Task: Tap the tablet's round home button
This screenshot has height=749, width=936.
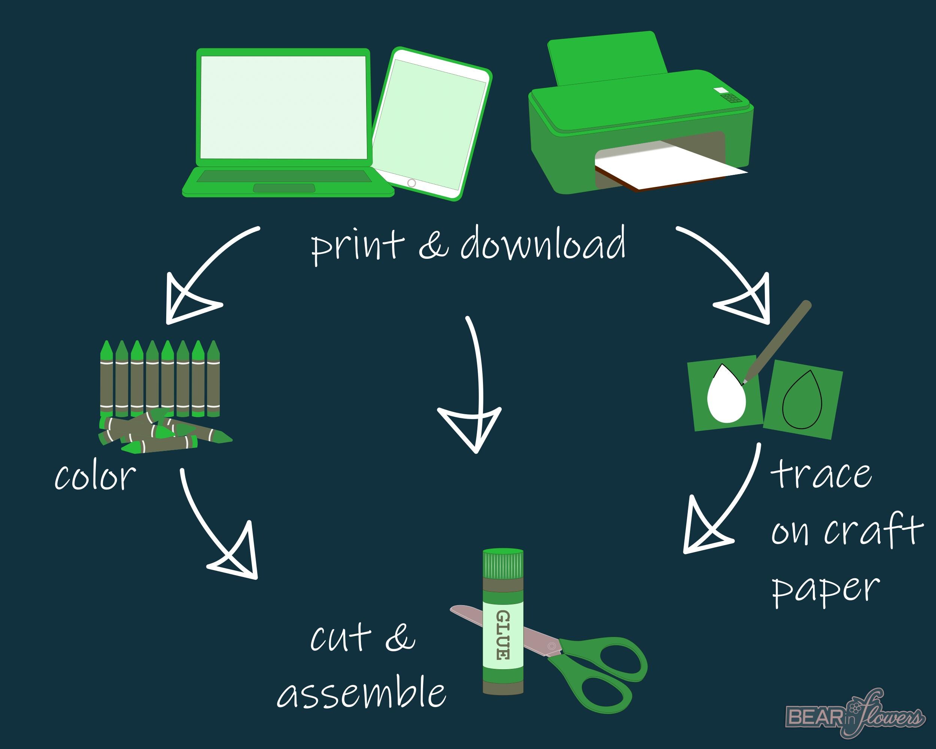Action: click(x=411, y=183)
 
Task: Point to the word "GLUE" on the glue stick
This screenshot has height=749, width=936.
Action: click(x=503, y=635)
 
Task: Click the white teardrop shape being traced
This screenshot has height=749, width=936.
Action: click(x=726, y=394)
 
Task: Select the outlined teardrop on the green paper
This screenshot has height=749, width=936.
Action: click(x=802, y=400)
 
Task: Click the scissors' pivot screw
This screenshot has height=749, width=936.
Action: click(x=552, y=646)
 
